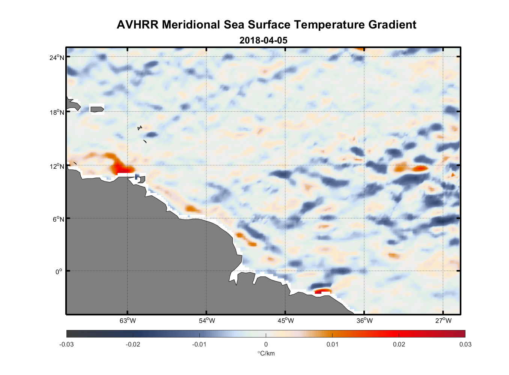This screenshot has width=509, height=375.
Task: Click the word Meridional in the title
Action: [x=191, y=25]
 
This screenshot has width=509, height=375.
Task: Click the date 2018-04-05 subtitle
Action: [x=264, y=40]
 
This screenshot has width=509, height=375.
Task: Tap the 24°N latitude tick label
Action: [x=57, y=57]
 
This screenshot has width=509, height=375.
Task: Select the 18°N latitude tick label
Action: [x=57, y=112]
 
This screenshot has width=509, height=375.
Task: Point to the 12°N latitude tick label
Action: [x=57, y=166]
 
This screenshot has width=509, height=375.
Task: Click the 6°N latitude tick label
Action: [x=58, y=219]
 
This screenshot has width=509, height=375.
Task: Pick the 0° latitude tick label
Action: [x=59, y=271]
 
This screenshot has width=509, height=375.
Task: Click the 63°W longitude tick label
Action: [x=128, y=321]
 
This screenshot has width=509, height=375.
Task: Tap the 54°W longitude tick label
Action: [x=207, y=321]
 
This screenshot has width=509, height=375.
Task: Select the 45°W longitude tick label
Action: [x=286, y=321]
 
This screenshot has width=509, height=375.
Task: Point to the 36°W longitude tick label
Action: [x=364, y=321]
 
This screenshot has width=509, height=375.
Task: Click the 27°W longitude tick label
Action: [x=443, y=321]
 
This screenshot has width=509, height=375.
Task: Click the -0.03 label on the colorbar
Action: [x=66, y=344]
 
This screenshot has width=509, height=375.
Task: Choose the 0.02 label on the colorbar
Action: [x=399, y=344]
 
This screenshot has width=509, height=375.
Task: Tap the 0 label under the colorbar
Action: [x=266, y=344]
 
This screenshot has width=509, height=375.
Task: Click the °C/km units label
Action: [x=266, y=353]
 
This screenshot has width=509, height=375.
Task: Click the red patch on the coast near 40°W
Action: [x=322, y=291]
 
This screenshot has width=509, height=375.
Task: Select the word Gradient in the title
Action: [x=392, y=25]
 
